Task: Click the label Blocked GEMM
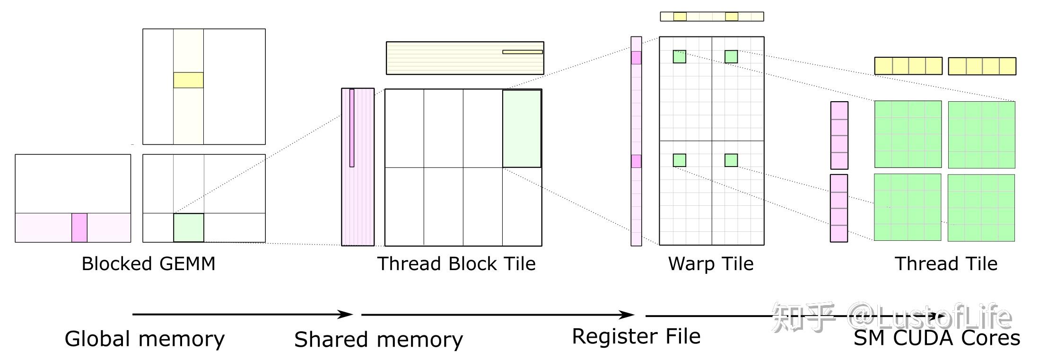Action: pyautogui.click(x=148, y=263)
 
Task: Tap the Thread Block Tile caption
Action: pyautogui.click(x=456, y=263)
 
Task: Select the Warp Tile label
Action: pyautogui.click(x=710, y=263)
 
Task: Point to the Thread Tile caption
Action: pyautogui.click(x=946, y=263)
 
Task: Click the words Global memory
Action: pyautogui.click(x=144, y=339)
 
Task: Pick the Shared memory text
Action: pyautogui.click(x=378, y=339)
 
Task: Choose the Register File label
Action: pyautogui.click(x=636, y=336)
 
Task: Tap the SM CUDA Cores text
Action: pyautogui.click(x=936, y=338)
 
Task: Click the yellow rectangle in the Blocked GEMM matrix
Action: pyautogui.click(x=188, y=80)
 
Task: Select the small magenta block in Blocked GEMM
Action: pyautogui.click(x=79, y=228)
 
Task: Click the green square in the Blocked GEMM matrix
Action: pyautogui.click(x=189, y=228)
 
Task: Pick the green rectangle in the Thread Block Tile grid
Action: pyautogui.click(x=522, y=128)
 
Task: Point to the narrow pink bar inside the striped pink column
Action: pyautogui.click(x=352, y=128)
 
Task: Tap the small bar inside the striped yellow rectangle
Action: pyautogui.click(x=522, y=52)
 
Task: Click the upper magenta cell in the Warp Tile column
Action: pyautogui.click(x=636, y=58)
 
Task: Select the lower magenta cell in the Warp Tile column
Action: pyautogui.click(x=636, y=161)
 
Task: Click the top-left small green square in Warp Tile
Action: pyautogui.click(x=679, y=57)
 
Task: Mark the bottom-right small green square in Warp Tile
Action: pyautogui.click(x=731, y=160)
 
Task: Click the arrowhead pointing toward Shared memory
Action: pyautogui.click(x=347, y=314)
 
